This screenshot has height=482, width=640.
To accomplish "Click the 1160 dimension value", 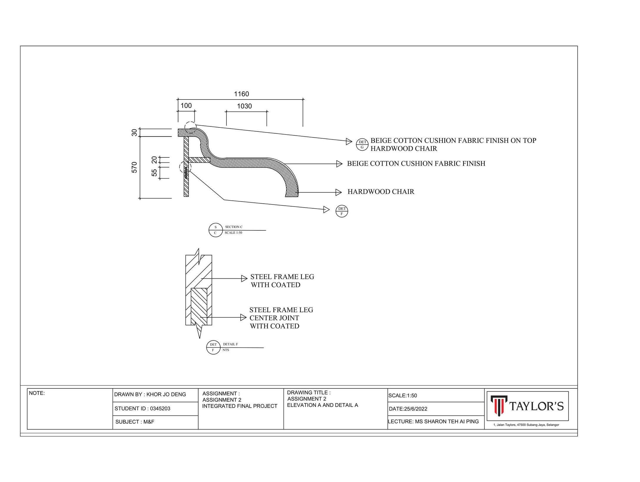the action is click(241, 94).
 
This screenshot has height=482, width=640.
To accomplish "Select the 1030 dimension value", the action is click(244, 106).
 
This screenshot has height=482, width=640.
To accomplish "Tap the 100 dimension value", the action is click(186, 106).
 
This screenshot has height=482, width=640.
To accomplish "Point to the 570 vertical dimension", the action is click(134, 167).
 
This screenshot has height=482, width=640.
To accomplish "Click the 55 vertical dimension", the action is click(154, 172).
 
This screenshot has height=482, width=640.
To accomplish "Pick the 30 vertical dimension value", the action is click(134, 132).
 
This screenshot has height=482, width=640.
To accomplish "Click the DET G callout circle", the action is click(362, 144).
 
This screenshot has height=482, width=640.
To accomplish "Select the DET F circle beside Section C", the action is click(342, 211).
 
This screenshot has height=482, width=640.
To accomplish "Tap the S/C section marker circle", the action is click(215, 230).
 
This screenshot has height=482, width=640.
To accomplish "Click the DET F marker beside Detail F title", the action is click(213, 347).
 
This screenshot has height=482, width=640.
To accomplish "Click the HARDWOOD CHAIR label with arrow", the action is click(381, 192).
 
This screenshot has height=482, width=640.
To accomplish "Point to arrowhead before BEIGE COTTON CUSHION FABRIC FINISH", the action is click(339, 164).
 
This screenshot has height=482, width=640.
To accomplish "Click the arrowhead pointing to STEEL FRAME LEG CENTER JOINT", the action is click(243, 318).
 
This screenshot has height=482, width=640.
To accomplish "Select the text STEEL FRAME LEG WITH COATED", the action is click(282, 281).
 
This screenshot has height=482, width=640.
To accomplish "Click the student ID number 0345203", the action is click(160, 408).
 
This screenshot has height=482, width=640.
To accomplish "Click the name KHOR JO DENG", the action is click(166, 395).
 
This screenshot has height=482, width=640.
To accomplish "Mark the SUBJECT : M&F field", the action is click(135, 422).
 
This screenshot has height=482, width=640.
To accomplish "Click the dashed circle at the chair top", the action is click(190, 127).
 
